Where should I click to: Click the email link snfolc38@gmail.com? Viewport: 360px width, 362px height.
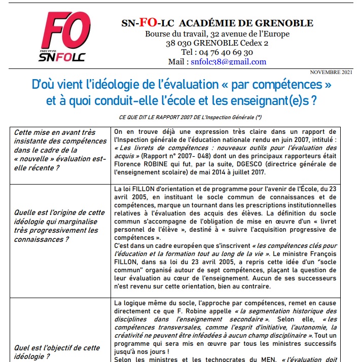coord(229,62)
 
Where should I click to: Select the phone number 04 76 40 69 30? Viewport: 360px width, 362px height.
coord(224,53)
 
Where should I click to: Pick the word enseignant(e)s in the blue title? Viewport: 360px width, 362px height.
coord(266,100)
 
